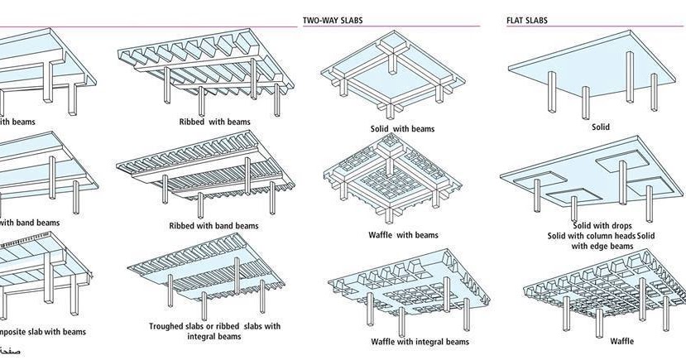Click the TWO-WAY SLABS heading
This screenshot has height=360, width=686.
click(333, 20)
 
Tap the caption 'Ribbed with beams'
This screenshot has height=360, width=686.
click(215, 122)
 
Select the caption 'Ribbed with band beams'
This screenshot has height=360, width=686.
click(213, 225)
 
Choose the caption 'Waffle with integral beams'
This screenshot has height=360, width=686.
click(420, 341)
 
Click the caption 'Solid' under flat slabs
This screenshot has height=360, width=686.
click(600, 127)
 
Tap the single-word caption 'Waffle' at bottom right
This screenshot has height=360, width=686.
click(622, 341)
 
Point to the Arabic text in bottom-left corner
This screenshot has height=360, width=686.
click(11, 352)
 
